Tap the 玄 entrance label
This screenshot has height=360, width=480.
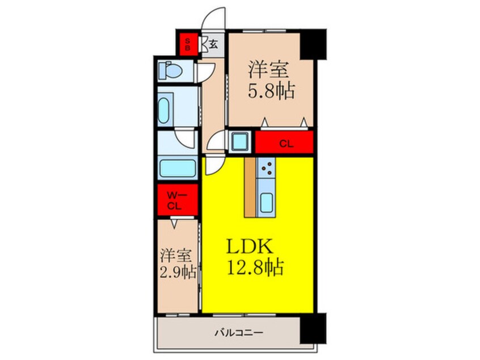(x=213, y=44)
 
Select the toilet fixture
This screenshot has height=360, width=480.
(x=169, y=72)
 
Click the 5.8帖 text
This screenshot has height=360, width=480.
(x=271, y=91)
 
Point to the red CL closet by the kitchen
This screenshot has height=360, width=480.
(x=284, y=143)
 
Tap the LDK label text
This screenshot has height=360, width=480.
(x=251, y=246)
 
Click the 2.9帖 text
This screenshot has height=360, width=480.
(x=178, y=272)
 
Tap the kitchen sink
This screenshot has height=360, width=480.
(x=266, y=202)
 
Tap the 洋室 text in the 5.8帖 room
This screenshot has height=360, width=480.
(x=268, y=70)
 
